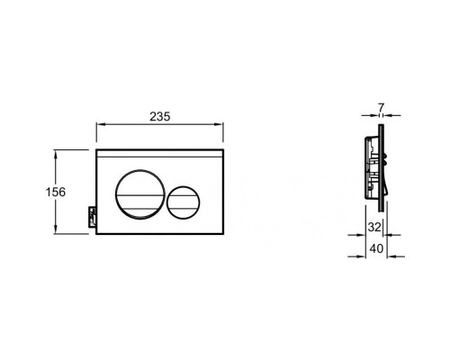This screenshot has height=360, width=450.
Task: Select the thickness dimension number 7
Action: [x=382, y=108]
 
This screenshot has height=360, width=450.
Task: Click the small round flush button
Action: [x=186, y=191]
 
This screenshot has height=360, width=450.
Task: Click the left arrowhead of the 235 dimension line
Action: [x=99, y=127]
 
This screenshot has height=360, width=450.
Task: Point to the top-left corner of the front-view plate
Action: [x=96, y=149]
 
